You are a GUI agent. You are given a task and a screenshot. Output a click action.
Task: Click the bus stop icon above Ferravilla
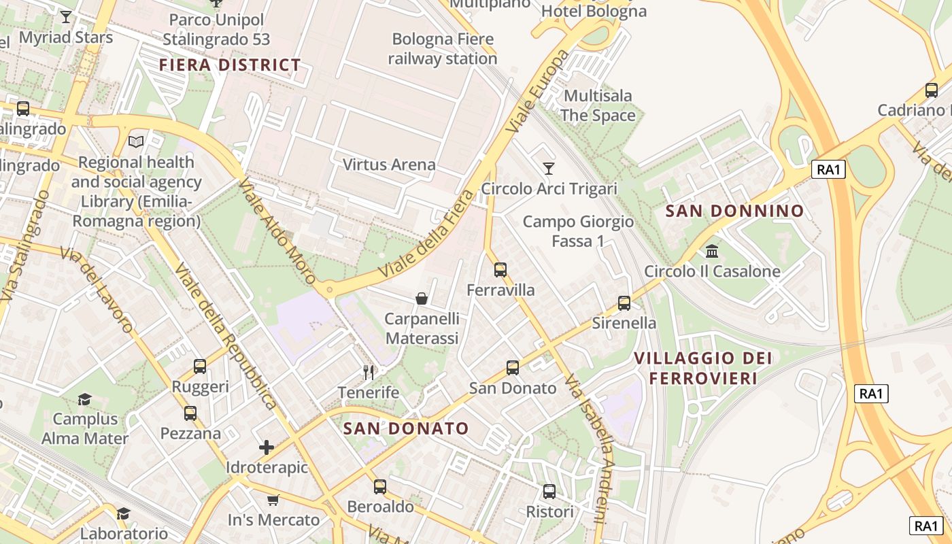click(500, 270)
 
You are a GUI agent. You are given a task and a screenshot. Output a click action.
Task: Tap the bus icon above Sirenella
click(624, 303)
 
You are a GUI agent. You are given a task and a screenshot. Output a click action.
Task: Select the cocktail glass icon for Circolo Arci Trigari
click(549, 168)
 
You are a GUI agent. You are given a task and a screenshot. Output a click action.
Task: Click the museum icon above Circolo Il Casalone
click(712, 252)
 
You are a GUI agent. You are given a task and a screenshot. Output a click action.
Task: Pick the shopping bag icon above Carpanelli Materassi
click(422, 299)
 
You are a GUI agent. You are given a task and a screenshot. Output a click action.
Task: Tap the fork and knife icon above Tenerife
click(369, 372)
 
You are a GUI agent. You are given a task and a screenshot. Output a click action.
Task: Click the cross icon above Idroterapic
click(267, 447)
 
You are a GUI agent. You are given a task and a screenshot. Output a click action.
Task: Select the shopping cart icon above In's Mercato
click(273, 500)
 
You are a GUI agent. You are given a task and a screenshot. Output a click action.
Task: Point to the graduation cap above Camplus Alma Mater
click(84, 399)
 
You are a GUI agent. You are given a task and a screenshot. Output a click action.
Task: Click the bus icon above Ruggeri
click(200, 367)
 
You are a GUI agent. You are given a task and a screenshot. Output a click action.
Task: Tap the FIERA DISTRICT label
click(230, 65)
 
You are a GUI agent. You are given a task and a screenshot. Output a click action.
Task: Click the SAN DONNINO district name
click(734, 211)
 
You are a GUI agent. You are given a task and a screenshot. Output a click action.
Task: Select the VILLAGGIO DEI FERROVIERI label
click(703, 368)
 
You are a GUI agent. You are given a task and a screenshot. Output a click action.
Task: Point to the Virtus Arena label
click(389, 165)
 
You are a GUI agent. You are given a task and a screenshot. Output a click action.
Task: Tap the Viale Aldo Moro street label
click(277, 231)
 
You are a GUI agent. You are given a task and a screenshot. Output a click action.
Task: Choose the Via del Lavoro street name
click(97, 290)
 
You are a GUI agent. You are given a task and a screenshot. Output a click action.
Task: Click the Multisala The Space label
click(598, 105)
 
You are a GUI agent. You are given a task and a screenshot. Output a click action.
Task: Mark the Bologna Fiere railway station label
click(443, 49)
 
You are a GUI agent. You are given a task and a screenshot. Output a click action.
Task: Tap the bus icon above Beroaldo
click(380, 487)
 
